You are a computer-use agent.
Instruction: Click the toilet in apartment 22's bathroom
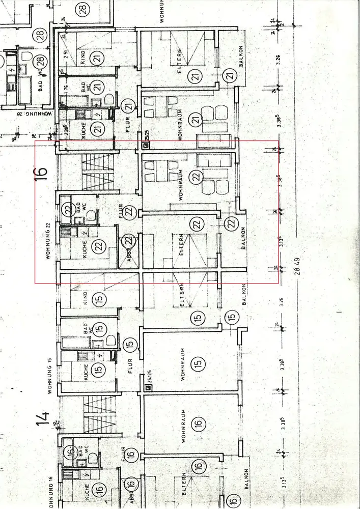tap(92, 215)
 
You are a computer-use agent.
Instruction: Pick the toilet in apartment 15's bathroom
tap(111, 340)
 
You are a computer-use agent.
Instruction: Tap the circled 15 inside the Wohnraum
tap(198, 364)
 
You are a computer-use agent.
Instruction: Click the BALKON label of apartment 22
tap(244, 238)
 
